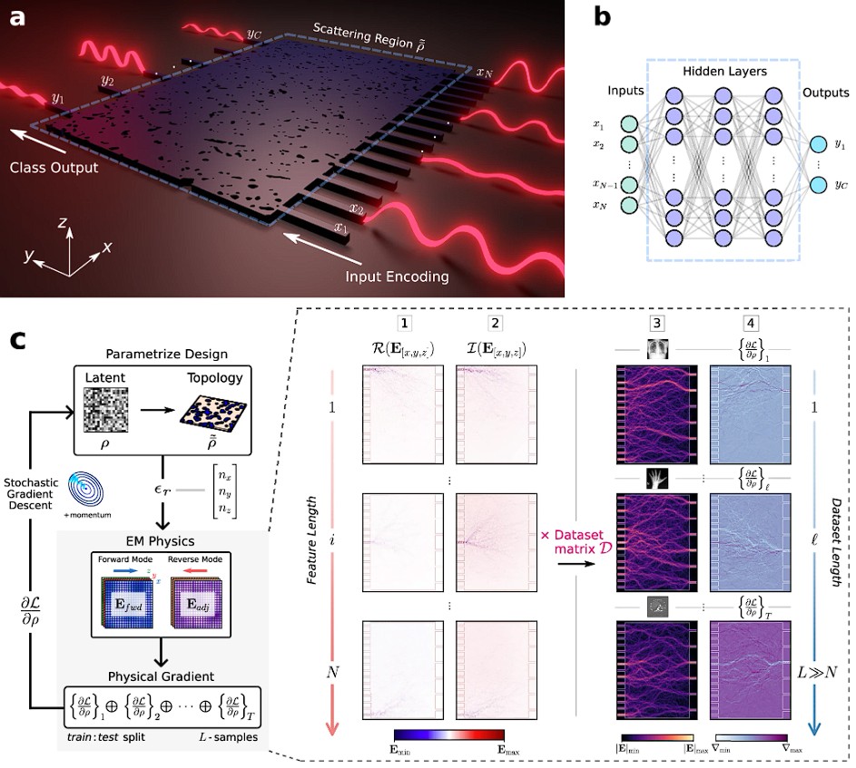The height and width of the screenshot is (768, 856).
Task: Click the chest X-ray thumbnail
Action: pyautogui.click(x=655, y=347)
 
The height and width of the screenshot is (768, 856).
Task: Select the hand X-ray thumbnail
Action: pyautogui.click(x=655, y=476)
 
